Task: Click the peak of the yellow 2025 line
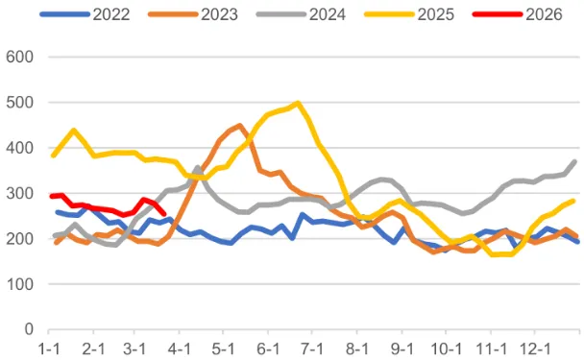(x=298, y=103)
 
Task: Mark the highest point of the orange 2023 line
(x=239, y=126)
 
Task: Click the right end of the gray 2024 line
(x=575, y=161)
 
